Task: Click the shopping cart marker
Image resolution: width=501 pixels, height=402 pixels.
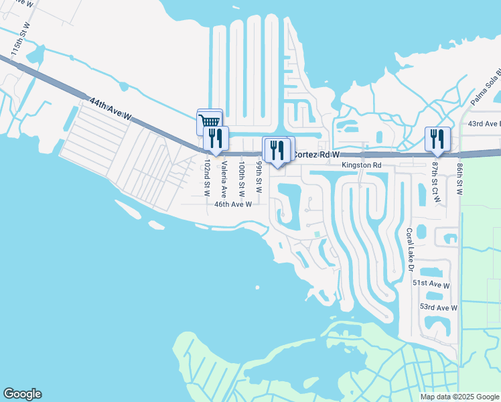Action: click(209, 121)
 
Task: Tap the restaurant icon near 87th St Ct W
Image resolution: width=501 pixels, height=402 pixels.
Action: click(437, 139)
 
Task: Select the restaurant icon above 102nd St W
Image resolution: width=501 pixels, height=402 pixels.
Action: click(216, 139)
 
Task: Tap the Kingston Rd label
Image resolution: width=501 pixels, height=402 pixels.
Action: click(361, 165)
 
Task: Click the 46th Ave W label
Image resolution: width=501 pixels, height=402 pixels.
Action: click(232, 204)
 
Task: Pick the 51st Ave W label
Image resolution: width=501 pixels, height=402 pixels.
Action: click(431, 284)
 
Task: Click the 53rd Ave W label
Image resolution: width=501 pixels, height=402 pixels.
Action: click(438, 307)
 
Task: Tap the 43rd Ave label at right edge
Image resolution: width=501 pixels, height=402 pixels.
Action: click(484, 124)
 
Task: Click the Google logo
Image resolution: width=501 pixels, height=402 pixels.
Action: click(22, 394)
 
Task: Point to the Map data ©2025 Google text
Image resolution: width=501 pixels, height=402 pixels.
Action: click(459, 397)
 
